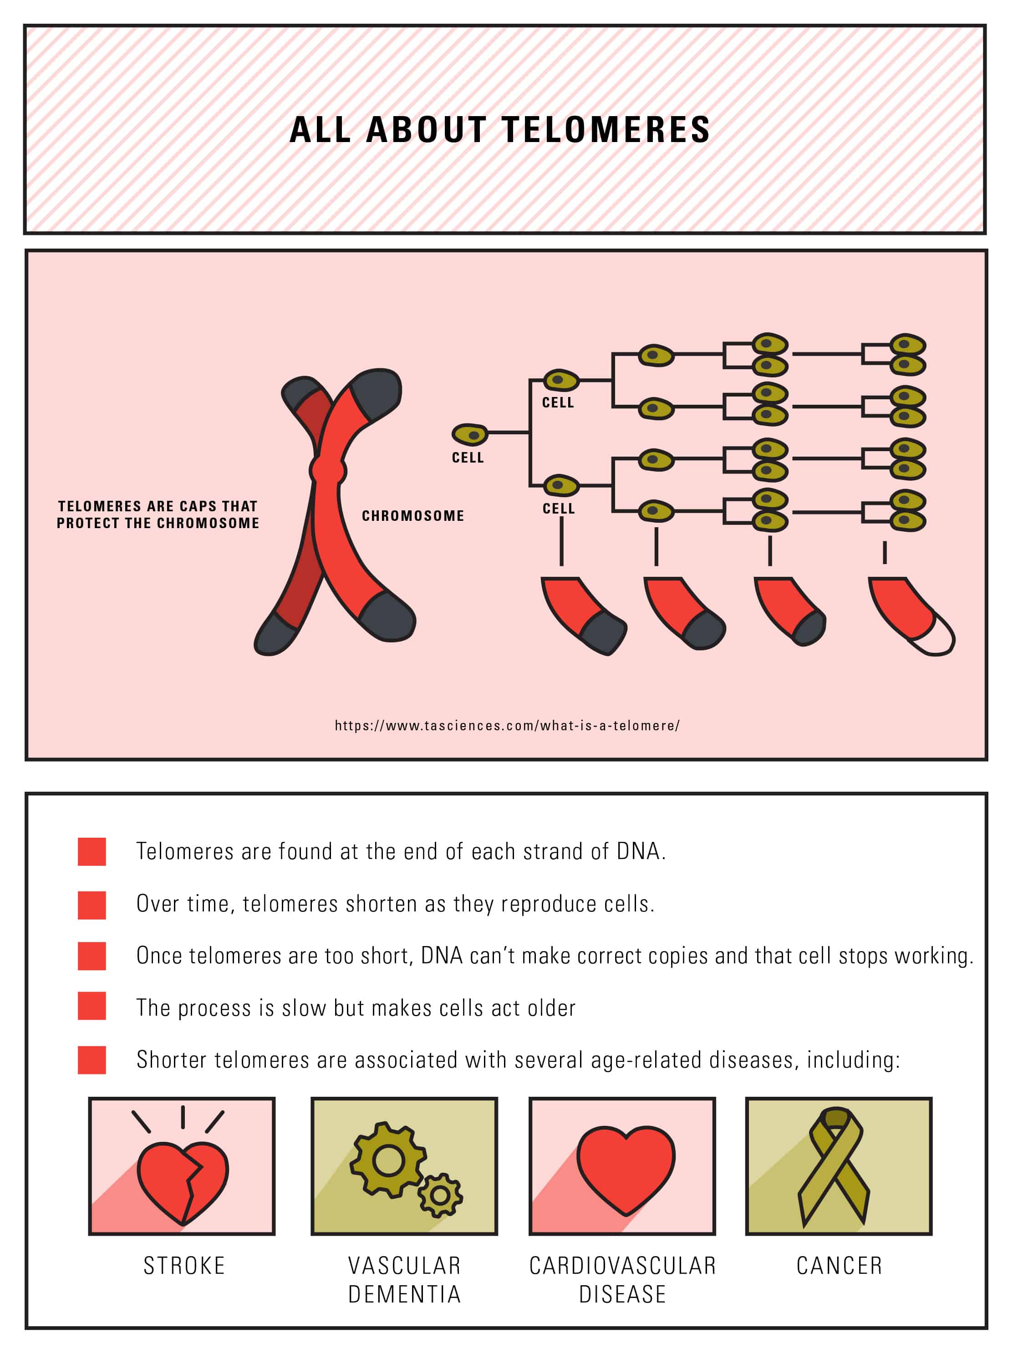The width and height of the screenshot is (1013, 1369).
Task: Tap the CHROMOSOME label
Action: click(x=412, y=516)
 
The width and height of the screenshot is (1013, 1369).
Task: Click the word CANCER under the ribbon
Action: click(x=839, y=1265)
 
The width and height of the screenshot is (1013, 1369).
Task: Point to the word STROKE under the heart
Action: click(x=184, y=1265)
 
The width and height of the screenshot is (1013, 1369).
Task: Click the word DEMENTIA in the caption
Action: click(x=404, y=1294)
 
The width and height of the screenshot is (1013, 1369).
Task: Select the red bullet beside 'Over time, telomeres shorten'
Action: click(x=92, y=905)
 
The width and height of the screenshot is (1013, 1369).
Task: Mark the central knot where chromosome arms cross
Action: click(x=327, y=471)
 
